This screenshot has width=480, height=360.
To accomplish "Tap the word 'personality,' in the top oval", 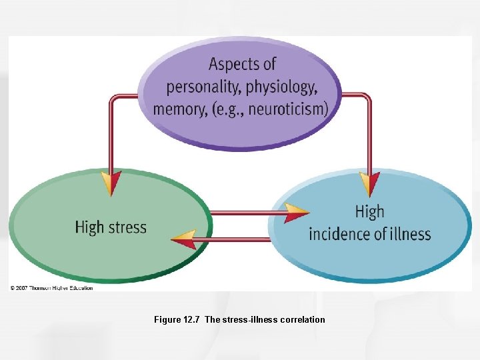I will pyautogui.click(x=198, y=87).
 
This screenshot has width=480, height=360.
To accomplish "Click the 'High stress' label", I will pyautogui.click(x=111, y=227).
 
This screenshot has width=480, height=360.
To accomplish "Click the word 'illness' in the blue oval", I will pyautogui.click(x=408, y=234).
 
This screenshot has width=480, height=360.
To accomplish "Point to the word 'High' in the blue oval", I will pyautogui.click(x=369, y=212).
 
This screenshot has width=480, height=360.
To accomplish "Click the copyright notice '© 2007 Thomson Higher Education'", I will pyautogui.click(x=51, y=288).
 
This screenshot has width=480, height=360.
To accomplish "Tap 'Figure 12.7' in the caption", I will pyautogui.click(x=177, y=320).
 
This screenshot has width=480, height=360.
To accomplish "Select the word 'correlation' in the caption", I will pyautogui.click(x=303, y=320).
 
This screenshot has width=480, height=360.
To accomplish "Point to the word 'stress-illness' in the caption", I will pyautogui.click(x=250, y=320).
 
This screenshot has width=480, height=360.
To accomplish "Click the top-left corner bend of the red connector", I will pyautogui.click(x=112, y=97).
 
